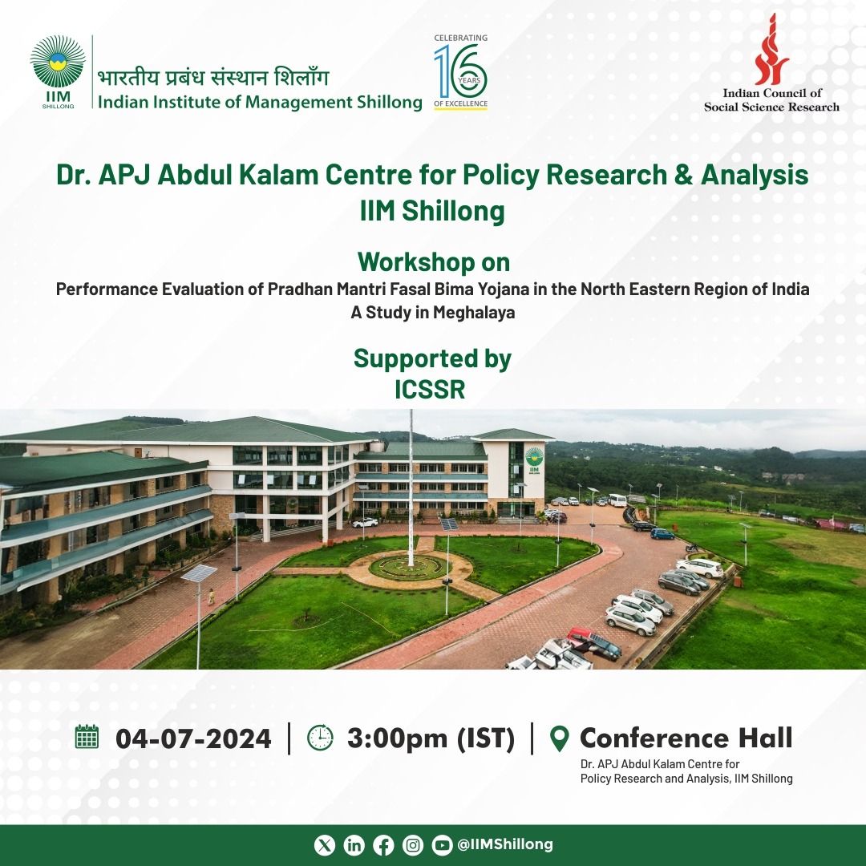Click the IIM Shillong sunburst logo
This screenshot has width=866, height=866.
point(58,62)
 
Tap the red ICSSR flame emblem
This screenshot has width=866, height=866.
point(771,49)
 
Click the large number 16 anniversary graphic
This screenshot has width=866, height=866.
point(460,71)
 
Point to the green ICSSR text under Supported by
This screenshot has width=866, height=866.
point(430,390)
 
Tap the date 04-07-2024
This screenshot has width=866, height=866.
point(193,739)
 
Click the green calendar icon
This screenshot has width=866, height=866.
point(87,737)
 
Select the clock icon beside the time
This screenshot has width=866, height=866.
point(320,738)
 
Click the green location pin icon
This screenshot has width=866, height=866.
point(560,739)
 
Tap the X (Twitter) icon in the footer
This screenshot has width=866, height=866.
point(325,845)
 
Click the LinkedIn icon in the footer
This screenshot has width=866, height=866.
point(354,845)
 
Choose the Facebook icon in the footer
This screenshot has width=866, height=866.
point(383,845)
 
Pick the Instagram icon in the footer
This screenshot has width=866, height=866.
point(413,845)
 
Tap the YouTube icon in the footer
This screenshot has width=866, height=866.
point(442,845)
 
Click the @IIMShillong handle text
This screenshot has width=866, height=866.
point(505,844)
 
